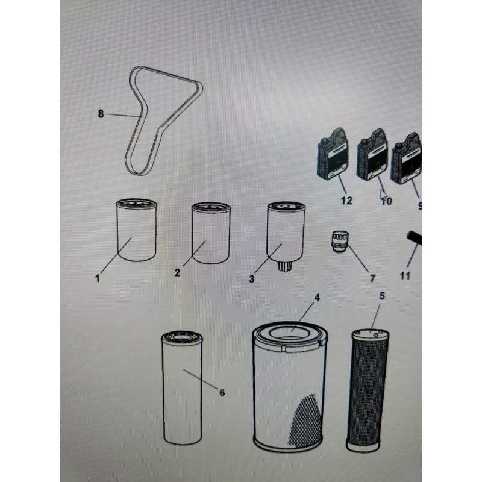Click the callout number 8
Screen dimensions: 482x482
click(101, 114)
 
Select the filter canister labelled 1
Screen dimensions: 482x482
click(137, 230)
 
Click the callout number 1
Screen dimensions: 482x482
click(98, 278)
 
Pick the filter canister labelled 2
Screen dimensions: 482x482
click(211, 233)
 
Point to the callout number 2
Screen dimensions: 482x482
click(177, 272)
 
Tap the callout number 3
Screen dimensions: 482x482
click(252, 279)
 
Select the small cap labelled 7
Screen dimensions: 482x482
click(340, 242)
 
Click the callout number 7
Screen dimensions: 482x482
click(372, 278)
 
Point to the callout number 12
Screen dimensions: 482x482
click(346, 201)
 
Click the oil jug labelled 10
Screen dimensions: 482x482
click(372, 155)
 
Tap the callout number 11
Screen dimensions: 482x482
click(405, 276)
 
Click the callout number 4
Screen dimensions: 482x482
click(317, 298)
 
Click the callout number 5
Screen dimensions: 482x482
click(382, 296)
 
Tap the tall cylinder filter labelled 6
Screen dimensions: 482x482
click(182, 388)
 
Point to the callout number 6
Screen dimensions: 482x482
click(222, 393)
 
